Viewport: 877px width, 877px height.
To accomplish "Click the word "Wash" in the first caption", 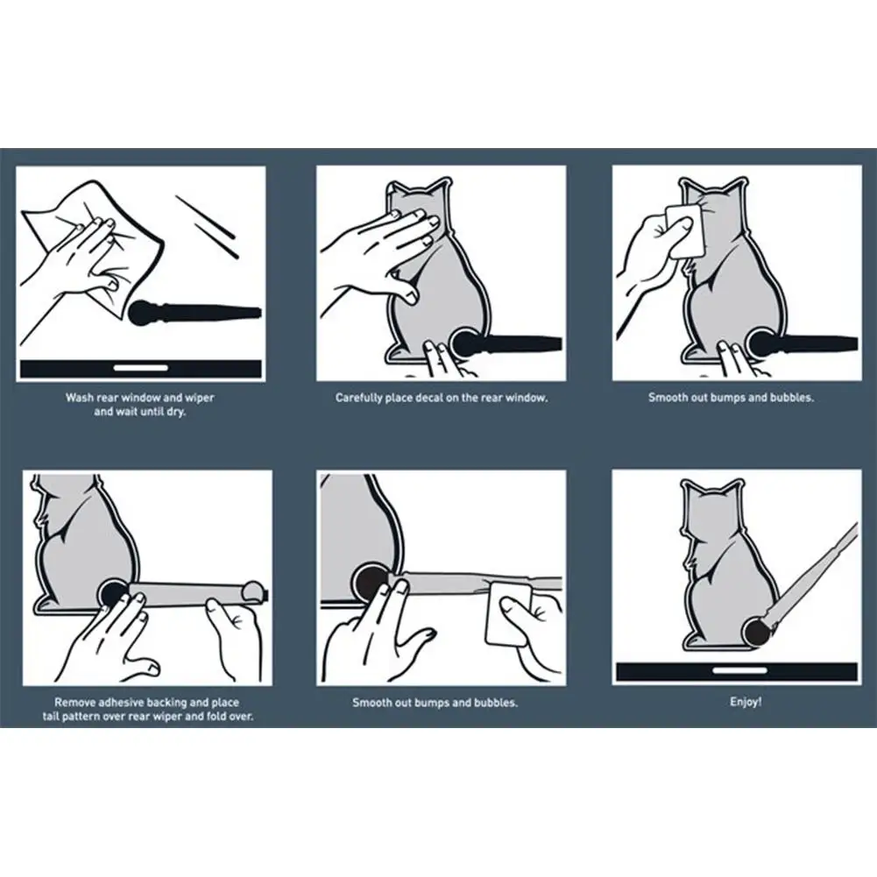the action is [x=80, y=398].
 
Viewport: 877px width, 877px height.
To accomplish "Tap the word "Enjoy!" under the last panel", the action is [x=746, y=702].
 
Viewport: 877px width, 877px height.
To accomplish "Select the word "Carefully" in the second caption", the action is [x=358, y=399].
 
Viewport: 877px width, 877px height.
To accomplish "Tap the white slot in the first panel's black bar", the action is [x=141, y=368].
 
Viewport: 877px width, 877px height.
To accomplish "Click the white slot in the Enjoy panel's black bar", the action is [x=740, y=670].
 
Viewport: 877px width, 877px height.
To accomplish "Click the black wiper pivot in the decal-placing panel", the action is [x=465, y=344].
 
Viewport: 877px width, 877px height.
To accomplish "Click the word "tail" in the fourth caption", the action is [x=52, y=717].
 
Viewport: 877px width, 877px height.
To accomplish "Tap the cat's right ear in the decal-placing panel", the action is [x=440, y=187].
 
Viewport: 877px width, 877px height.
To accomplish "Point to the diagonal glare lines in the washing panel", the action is [x=208, y=225].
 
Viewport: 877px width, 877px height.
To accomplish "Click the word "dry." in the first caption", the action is [x=174, y=412].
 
